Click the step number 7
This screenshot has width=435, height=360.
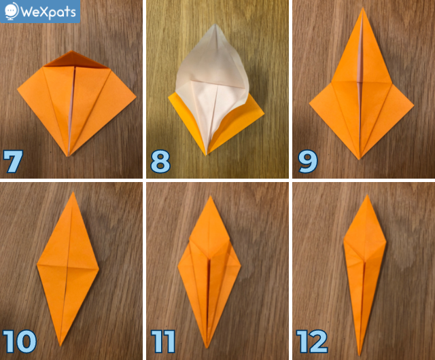[13, 162]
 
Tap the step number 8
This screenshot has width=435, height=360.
[160, 162]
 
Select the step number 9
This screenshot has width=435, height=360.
[307, 162]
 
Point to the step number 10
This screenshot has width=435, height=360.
[20, 342]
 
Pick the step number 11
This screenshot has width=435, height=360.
[163, 342]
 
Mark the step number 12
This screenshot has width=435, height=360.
[312, 342]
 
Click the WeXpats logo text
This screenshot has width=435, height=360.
[48, 12]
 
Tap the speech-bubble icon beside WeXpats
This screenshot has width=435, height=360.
[12, 12]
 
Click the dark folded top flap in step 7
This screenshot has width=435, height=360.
[76, 59]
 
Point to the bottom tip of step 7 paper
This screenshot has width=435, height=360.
[68, 156]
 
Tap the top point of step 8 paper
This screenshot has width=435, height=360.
[215, 24]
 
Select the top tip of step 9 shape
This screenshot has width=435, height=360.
[362, 8]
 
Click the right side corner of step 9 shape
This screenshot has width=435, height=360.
[414, 105]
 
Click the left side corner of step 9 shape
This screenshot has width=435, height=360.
[310, 104]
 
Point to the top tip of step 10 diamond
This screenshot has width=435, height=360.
[73, 192]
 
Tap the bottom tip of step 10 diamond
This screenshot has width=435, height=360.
[60, 346]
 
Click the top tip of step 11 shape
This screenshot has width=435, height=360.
[211, 196]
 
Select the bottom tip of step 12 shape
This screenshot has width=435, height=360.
[360, 355]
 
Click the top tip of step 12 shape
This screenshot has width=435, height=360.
[367, 195]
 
